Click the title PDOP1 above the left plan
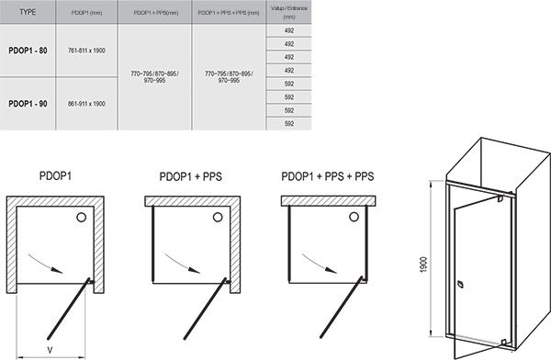tap(57, 174)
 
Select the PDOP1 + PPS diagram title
tap(191, 174)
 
